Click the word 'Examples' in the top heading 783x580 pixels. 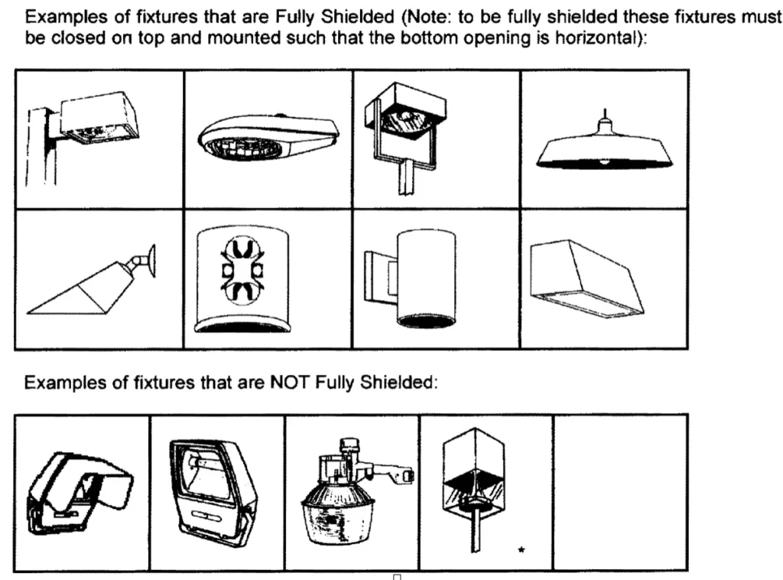[67, 18]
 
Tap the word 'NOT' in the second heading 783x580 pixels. [291, 383]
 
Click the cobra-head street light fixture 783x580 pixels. [268, 137]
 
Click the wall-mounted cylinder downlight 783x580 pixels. [411, 278]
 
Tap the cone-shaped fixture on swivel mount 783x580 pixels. [91, 284]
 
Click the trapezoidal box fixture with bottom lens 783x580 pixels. [586, 279]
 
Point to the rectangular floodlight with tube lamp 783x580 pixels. [213, 492]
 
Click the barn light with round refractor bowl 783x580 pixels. [357, 492]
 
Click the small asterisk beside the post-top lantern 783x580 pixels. [521, 550]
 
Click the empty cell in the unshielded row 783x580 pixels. [620, 493]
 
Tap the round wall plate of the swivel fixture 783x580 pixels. [152, 260]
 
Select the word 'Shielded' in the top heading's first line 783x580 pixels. [358, 18]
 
